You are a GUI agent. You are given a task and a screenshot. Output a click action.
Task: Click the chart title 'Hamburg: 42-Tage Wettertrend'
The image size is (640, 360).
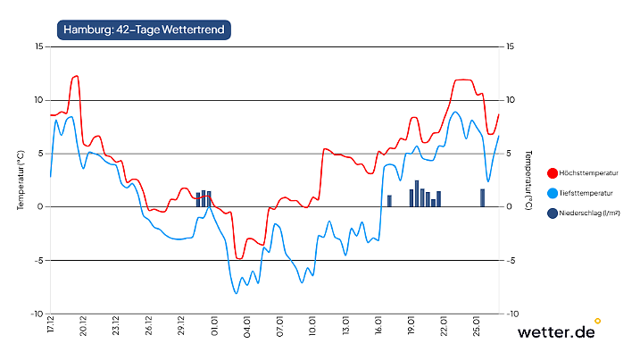pyautogui.click(x=144, y=29)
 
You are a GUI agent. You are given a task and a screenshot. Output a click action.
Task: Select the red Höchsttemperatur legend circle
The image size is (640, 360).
pyautogui.click(x=553, y=172)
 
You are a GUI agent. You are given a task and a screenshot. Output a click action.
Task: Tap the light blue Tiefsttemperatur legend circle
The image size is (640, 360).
pyautogui.click(x=553, y=193)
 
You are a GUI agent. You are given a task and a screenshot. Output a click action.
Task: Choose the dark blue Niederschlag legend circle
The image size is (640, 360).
pyautogui.click(x=553, y=213)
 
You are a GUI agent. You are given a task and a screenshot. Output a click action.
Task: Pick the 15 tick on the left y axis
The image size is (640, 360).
pyautogui.click(x=38, y=46)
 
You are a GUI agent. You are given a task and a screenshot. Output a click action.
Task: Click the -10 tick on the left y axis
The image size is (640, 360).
pyautogui.click(x=37, y=314)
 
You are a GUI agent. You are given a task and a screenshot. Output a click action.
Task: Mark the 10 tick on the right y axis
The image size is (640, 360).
pyautogui.click(x=511, y=100)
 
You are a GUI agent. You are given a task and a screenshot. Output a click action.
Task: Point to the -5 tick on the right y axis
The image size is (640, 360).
pyautogui.click(x=511, y=261)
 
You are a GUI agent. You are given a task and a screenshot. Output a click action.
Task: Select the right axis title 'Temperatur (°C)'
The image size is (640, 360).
pyautogui.click(x=529, y=180)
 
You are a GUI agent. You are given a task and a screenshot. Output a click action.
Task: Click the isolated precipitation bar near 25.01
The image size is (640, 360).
pyautogui.click(x=482, y=197)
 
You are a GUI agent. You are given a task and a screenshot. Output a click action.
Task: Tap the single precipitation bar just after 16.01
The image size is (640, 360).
pyautogui.click(x=389, y=201)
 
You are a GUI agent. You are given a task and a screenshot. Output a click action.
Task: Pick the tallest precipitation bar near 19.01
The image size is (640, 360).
pyautogui.click(x=417, y=194)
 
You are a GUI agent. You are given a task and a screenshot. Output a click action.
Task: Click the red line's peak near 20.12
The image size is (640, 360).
pyautogui.click(x=77, y=77)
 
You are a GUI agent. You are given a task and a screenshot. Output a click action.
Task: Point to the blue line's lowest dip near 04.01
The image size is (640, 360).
pyautogui.click(x=237, y=292)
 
